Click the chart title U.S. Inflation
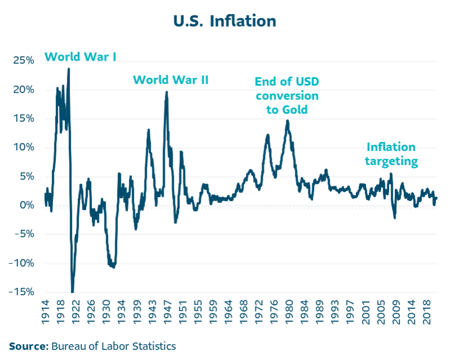225,21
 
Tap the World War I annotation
80,57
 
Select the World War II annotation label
170,80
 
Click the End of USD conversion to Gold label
287,96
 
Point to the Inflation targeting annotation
392,154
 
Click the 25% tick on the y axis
23,61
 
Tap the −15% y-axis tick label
21,292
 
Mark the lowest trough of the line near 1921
73,292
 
